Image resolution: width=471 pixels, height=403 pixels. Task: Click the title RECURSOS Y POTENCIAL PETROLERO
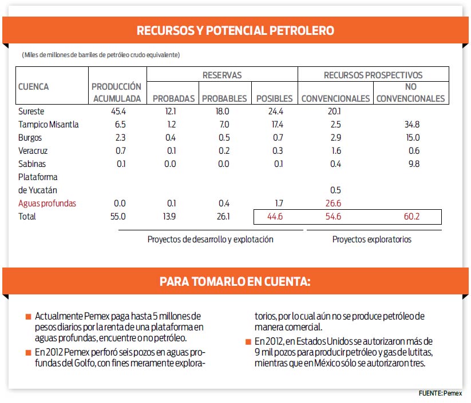[x=235, y=30]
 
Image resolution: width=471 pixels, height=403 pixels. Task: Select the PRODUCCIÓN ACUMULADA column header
[x=117, y=93]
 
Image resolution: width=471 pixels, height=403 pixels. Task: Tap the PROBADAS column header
[x=173, y=98]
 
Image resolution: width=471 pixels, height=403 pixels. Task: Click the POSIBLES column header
[x=274, y=98]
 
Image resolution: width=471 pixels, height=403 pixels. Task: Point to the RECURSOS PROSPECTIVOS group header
[x=373, y=75]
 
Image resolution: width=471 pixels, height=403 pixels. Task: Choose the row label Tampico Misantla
[x=49, y=124]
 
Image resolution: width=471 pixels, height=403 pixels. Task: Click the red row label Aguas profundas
[x=47, y=204]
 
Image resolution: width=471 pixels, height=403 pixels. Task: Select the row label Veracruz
[x=33, y=151]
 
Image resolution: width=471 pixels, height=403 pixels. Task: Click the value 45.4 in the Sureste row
[x=118, y=111]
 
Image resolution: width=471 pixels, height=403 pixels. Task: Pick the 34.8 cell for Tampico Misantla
[x=412, y=124]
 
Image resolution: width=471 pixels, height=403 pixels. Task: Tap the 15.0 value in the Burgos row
[x=413, y=137]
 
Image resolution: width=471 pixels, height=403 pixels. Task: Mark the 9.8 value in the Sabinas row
[x=414, y=164]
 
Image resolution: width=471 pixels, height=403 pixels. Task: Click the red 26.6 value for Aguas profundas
[x=333, y=204]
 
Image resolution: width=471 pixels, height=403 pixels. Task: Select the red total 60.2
[x=411, y=217]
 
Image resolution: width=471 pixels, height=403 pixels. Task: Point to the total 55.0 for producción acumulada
[x=118, y=216]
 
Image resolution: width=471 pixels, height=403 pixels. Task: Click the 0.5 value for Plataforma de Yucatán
[x=335, y=190]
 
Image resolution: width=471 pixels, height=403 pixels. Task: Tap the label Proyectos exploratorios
[x=372, y=240]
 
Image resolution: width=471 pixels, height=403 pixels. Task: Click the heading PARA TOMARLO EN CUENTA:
[x=235, y=281]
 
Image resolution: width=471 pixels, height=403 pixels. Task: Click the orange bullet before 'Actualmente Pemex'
[x=29, y=317]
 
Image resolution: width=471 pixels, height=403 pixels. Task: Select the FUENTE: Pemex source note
[x=440, y=393]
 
